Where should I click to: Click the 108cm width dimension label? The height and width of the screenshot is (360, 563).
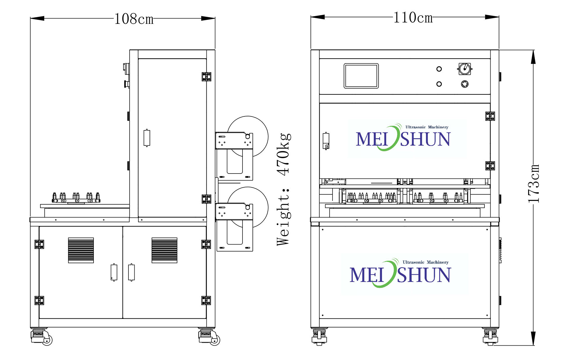coord(134,19)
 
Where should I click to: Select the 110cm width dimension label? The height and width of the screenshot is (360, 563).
coord(413,18)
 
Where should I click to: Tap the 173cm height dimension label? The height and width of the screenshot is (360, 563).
coord(533,184)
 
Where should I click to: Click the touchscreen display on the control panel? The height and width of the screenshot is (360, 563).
coord(361,76)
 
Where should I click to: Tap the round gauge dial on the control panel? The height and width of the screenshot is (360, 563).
coord(465,69)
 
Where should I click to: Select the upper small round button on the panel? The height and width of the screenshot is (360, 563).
coord(439,69)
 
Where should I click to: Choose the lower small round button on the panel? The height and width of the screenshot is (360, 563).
coord(439,84)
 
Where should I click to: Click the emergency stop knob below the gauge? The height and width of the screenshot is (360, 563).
coord(465,84)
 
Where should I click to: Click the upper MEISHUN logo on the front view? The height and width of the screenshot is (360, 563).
coord(403,138)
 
